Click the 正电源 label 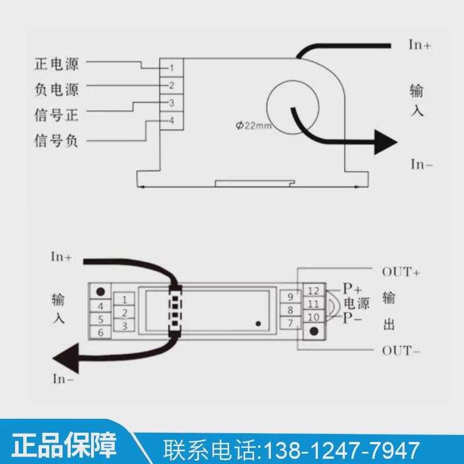coord(56,64)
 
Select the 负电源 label coord(56,89)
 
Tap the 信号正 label coord(56,115)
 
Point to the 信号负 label coord(56,140)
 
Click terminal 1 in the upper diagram coord(172,68)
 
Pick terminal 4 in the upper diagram coord(172,121)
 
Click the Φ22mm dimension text coord(253,125)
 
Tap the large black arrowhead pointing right coord(385,142)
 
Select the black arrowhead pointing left coord(66,358)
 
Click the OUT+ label coord(401,271)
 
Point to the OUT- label coord(401,351)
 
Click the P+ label coord(352,288)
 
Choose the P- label coord(352,318)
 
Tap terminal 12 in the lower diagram coord(314,291)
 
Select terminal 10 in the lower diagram coord(314,317)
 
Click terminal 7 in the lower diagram coord(291,323)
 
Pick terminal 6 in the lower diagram coord(100,332)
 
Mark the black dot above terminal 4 coord(100,292)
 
